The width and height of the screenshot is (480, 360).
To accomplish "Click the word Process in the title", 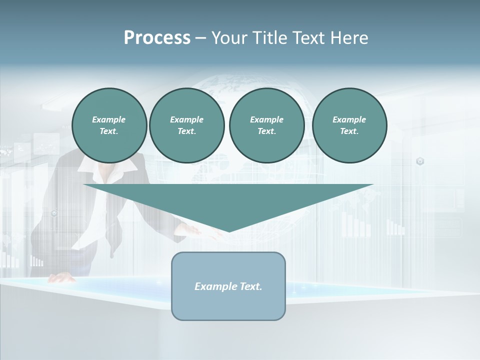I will coord(157,38).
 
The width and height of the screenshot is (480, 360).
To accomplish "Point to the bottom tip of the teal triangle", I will coord(229,230).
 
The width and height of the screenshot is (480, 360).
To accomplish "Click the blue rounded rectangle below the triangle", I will coord(228,305).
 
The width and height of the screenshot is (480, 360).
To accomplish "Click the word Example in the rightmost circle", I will coord(349,119).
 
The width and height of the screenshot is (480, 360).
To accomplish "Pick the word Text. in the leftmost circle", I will coord(109,131).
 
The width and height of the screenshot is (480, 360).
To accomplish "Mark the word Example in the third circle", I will coord(266,119).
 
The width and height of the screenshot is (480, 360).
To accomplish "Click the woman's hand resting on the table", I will coord(61,278).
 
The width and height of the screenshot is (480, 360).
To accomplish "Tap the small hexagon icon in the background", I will coord(420,161).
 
